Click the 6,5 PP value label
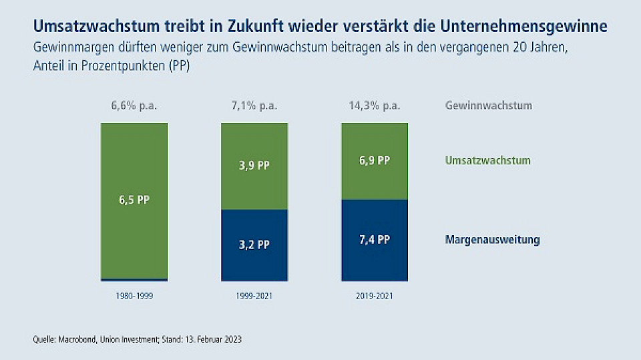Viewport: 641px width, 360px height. point(134,200)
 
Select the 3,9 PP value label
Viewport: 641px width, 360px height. point(254,165)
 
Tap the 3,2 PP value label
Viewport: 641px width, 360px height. point(254,244)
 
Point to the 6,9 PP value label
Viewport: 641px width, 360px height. point(374,160)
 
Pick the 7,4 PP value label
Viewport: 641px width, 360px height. point(374,240)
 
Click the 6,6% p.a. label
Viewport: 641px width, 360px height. point(134,106)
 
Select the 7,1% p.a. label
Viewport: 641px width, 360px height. point(254,106)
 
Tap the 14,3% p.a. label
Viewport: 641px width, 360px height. point(374,106)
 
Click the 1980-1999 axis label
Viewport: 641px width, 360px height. point(134,295)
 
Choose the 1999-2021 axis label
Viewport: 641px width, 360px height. point(254,295)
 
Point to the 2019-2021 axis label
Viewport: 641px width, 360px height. point(374,295)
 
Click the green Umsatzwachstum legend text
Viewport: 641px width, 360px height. point(487,160)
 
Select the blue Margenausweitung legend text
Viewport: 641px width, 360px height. point(492,240)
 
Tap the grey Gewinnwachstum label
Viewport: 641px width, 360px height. point(488,106)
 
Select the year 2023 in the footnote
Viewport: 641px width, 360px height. point(232,339)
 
